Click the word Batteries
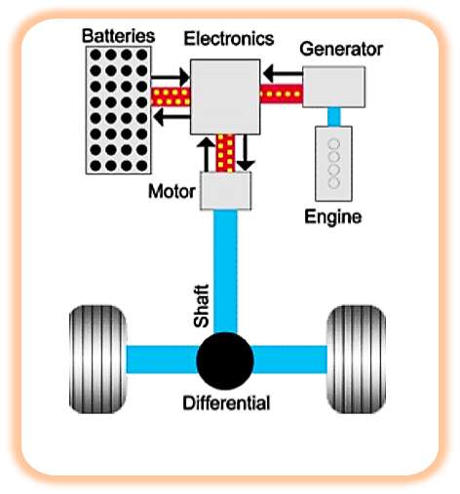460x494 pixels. coord(118,36)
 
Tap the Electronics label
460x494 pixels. coord(229,38)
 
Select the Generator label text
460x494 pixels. coord(341,49)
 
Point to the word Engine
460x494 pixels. coord(332,216)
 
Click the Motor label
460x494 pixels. coord(172,191)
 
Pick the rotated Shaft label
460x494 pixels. coord(202,306)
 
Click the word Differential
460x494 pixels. coord(226,402)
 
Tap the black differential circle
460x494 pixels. coord(225,361)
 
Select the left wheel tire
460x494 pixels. coord(97,359)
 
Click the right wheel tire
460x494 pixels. coord(356,359)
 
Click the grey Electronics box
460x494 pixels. coord(225,96)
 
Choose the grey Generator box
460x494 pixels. coord(333,87)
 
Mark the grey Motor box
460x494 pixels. coord(225,191)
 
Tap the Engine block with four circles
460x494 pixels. coord(333,164)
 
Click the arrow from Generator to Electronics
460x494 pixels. coord(283,73)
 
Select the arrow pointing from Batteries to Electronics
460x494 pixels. coord(171,77)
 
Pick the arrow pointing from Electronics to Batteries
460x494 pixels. coord(172,117)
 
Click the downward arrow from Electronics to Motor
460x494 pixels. coord(246,153)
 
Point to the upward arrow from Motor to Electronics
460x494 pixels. coord(206,154)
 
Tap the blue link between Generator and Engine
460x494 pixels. coord(334,117)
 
